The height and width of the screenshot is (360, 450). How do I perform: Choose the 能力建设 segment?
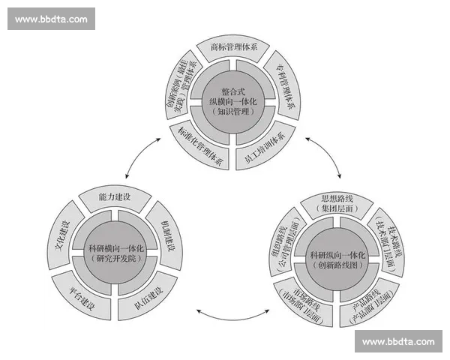click(115, 196)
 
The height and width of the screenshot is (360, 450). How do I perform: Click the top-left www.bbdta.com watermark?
click(51, 19)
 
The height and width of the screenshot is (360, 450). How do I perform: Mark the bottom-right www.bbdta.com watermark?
click(398, 341)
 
